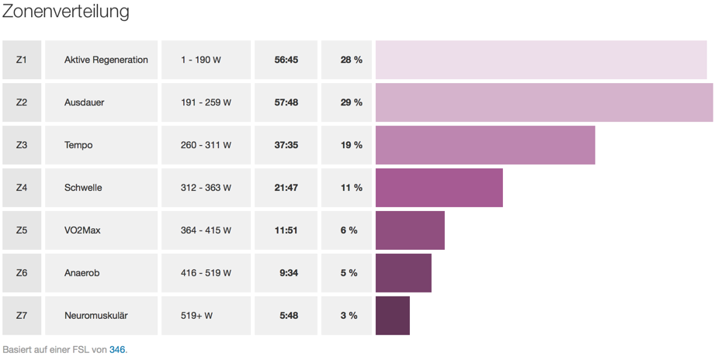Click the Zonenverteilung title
pyautogui.click(x=65, y=12)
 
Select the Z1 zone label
pyautogui.click(x=21, y=60)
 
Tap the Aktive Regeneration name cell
pyautogui.click(x=106, y=60)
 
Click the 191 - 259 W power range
pyautogui.click(x=206, y=102)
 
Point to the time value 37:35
pyautogui.click(x=286, y=145)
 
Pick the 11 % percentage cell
pyautogui.click(x=351, y=188)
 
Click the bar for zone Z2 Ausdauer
pyautogui.click(x=543, y=102)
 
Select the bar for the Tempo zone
pyautogui.click(x=485, y=145)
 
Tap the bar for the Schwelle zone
pyautogui.click(x=439, y=188)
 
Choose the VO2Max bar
pyautogui.click(x=410, y=230)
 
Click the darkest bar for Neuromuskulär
pyautogui.click(x=392, y=316)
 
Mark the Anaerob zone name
pyautogui.click(x=82, y=273)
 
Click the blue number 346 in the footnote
pyautogui.click(x=117, y=350)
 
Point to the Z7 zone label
pyautogui.click(x=21, y=316)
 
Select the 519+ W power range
pyautogui.click(x=196, y=316)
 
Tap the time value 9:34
pyautogui.click(x=288, y=273)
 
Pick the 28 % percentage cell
pyautogui.click(x=351, y=60)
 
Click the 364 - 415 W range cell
pyautogui.click(x=206, y=230)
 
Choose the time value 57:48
pyautogui.click(x=286, y=102)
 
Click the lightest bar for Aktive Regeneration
pyautogui.click(x=541, y=60)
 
